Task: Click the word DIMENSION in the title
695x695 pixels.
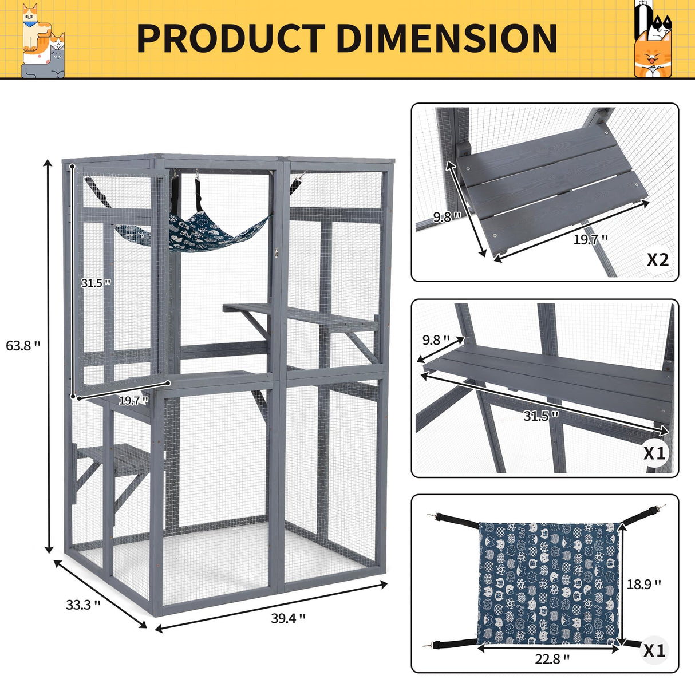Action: [x=446, y=39]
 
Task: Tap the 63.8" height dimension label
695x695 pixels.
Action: [x=23, y=345]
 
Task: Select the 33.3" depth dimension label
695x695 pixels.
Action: [x=84, y=605]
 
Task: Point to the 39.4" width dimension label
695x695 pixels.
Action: [x=289, y=618]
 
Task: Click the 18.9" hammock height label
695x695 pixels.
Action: [x=644, y=585]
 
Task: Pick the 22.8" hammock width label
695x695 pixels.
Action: [x=552, y=659]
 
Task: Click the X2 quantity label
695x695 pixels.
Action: [x=657, y=260]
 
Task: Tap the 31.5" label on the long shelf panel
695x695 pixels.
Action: [x=541, y=416]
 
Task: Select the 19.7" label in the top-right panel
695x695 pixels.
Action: [x=591, y=240]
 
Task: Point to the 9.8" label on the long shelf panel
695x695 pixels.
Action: [x=436, y=340]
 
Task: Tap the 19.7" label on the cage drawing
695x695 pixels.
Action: [x=133, y=401]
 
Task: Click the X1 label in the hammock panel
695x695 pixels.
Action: [x=654, y=651]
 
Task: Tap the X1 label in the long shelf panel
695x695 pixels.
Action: [x=654, y=453]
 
